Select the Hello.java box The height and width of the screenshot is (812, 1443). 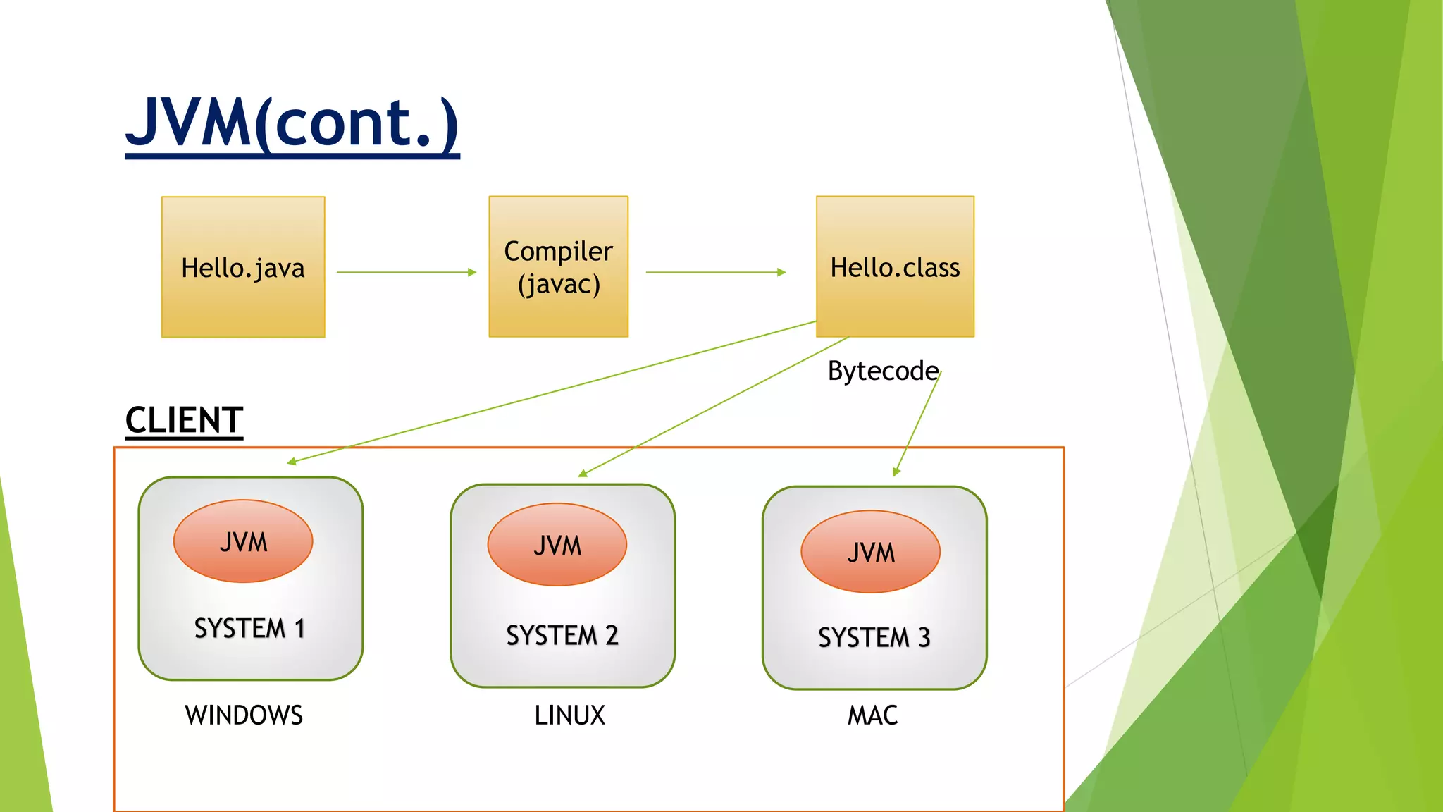pos(243,266)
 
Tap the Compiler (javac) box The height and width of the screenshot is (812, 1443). pos(559,266)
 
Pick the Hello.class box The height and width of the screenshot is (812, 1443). pos(895,266)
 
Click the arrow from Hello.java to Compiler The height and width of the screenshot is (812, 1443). pos(407,272)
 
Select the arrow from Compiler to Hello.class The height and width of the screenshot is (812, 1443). pos(716,272)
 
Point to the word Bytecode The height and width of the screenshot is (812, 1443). pos(883,371)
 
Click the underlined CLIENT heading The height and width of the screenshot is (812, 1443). pos(184,421)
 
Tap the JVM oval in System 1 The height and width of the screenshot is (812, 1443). pos(243,541)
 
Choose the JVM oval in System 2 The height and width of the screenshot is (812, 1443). pos(557,545)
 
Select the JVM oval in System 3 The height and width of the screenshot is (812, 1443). pos(871,552)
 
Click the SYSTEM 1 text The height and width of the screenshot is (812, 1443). pos(249,628)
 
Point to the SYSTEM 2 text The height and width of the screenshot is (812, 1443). pos(562,635)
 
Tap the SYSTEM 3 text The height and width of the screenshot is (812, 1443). pos(874,637)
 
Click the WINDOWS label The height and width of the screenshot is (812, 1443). pos(244,715)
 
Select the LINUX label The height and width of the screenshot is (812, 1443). pos(569,715)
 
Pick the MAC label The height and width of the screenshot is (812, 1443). pos(872,715)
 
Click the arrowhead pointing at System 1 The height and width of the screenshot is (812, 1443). pos(291,462)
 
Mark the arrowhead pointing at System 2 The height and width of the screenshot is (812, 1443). pos(582,474)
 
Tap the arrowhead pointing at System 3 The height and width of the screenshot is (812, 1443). pos(896,472)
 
